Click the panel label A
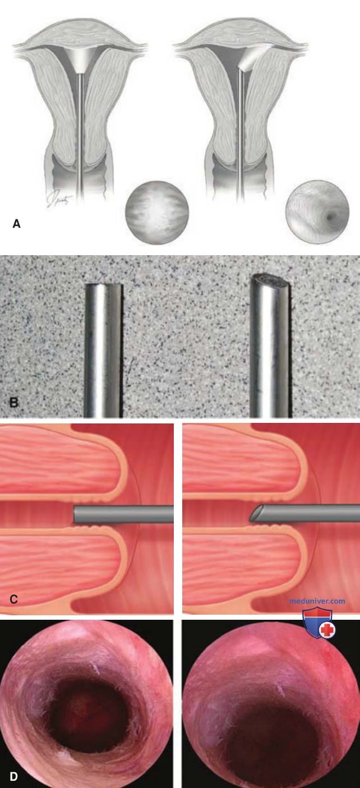pyautogui.click(x=16, y=223)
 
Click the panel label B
pyautogui.click(x=13, y=402)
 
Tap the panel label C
pyautogui.click(x=13, y=599)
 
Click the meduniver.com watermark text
pyautogui.click(x=317, y=601)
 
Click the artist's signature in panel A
pyautogui.click(x=59, y=200)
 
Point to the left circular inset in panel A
pyautogui.click(x=157, y=213)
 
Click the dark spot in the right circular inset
pyautogui.click(x=330, y=218)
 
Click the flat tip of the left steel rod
pyautogui.click(x=104, y=285)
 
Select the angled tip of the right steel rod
pyautogui.click(x=271, y=280)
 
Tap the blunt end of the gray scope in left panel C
pyautogui.click(x=75, y=515)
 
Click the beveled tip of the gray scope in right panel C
pyautogui.click(x=256, y=514)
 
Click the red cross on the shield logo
pyautogui.click(x=327, y=630)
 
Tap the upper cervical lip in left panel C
pyautogui.click(x=63, y=461)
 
